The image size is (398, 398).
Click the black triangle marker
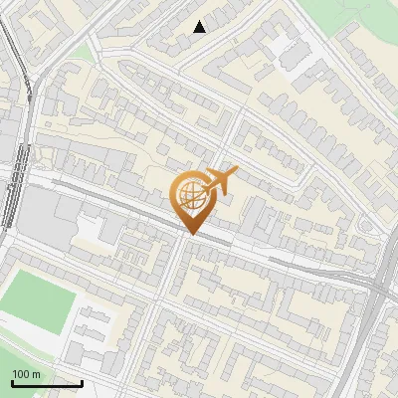coord(200,27)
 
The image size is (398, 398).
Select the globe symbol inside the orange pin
coord(192,195)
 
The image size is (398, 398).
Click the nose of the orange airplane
coord(236,170)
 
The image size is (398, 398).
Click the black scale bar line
coord(47,383)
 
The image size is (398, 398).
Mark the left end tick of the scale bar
coord(12,381)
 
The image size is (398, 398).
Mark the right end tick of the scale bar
coord(82,381)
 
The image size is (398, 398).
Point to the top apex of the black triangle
coord(200,20)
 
